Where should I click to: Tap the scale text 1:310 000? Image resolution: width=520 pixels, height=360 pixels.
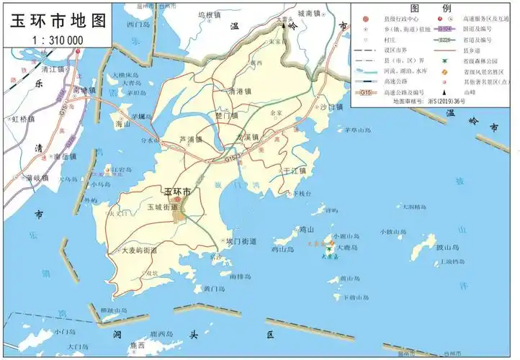58,40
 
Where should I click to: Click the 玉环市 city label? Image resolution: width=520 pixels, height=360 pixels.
177,192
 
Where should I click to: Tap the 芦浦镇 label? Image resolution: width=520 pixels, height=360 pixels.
190,140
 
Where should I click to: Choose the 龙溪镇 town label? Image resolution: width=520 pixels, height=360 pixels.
246,137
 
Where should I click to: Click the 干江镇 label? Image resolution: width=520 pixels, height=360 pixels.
294,171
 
